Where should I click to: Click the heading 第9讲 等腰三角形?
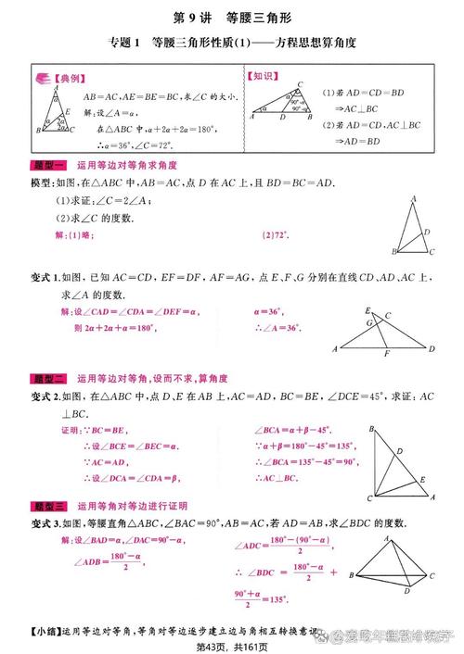click(x=231, y=18)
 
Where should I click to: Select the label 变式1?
click(x=44, y=277)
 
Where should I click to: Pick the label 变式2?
click(x=44, y=396)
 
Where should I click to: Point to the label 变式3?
click(x=44, y=523)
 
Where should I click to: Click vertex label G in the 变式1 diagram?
click(x=368, y=324)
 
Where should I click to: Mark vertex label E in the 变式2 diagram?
click(x=423, y=479)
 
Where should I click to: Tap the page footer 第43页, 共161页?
click(x=231, y=647)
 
